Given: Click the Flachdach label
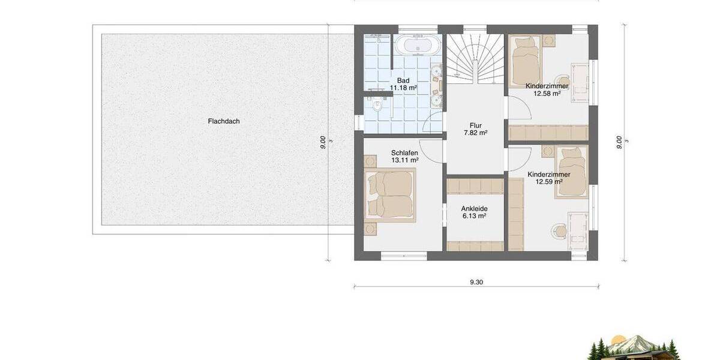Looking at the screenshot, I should (224, 121).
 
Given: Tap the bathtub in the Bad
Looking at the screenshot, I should (418, 46).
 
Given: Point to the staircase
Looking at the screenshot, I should (476, 58).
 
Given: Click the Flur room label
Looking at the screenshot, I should (476, 125).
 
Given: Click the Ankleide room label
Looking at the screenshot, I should (474, 209).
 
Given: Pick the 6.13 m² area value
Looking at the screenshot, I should (474, 217).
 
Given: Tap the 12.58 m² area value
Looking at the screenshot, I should (543, 94).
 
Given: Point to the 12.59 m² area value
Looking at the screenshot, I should (549, 182).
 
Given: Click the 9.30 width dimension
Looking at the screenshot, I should (476, 281).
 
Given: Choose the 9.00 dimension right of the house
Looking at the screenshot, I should (619, 142).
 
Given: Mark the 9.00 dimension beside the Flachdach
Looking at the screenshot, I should (323, 142).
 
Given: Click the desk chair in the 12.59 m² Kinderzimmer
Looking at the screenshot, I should (560, 229).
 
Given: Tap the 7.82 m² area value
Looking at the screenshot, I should (476, 133).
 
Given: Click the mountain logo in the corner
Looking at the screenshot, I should (634, 347).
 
